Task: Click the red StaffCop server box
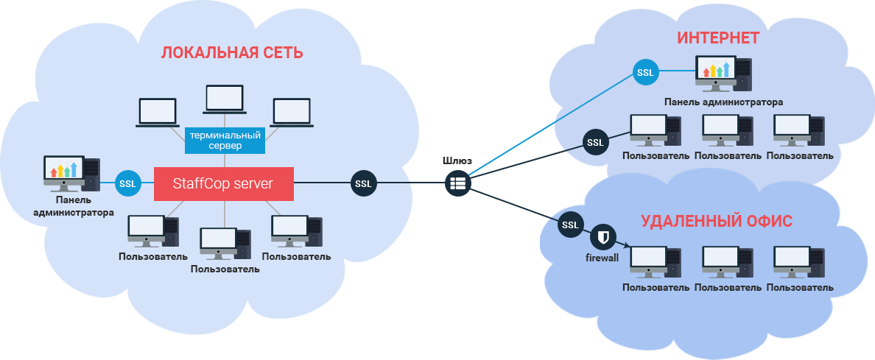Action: [x=224, y=183]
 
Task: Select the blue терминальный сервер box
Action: [x=224, y=140]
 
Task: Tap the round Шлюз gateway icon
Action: [x=457, y=183]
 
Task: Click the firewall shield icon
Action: [x=603, y=237]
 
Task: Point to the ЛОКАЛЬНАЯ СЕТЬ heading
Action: [x=232, y=53]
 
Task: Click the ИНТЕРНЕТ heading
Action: [x=718, y=38]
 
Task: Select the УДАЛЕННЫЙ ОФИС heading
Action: [x=717, y=221]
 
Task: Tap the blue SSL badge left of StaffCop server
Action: [x=127, y=183]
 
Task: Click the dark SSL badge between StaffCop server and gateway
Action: [x=362, y=183]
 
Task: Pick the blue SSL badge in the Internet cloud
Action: [x=645, y=73]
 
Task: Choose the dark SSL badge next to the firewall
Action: [x=571, y=224]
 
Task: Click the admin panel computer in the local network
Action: [x=71, y=174]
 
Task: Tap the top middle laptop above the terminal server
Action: [x=224, y=99]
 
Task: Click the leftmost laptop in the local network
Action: [x=158, y=113]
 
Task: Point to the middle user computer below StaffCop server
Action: [x=224, y=244]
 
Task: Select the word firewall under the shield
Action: [x=602, y=258]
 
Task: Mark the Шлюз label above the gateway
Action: [x=457, y=160]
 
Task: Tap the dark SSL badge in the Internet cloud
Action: [x=594, y=142]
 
